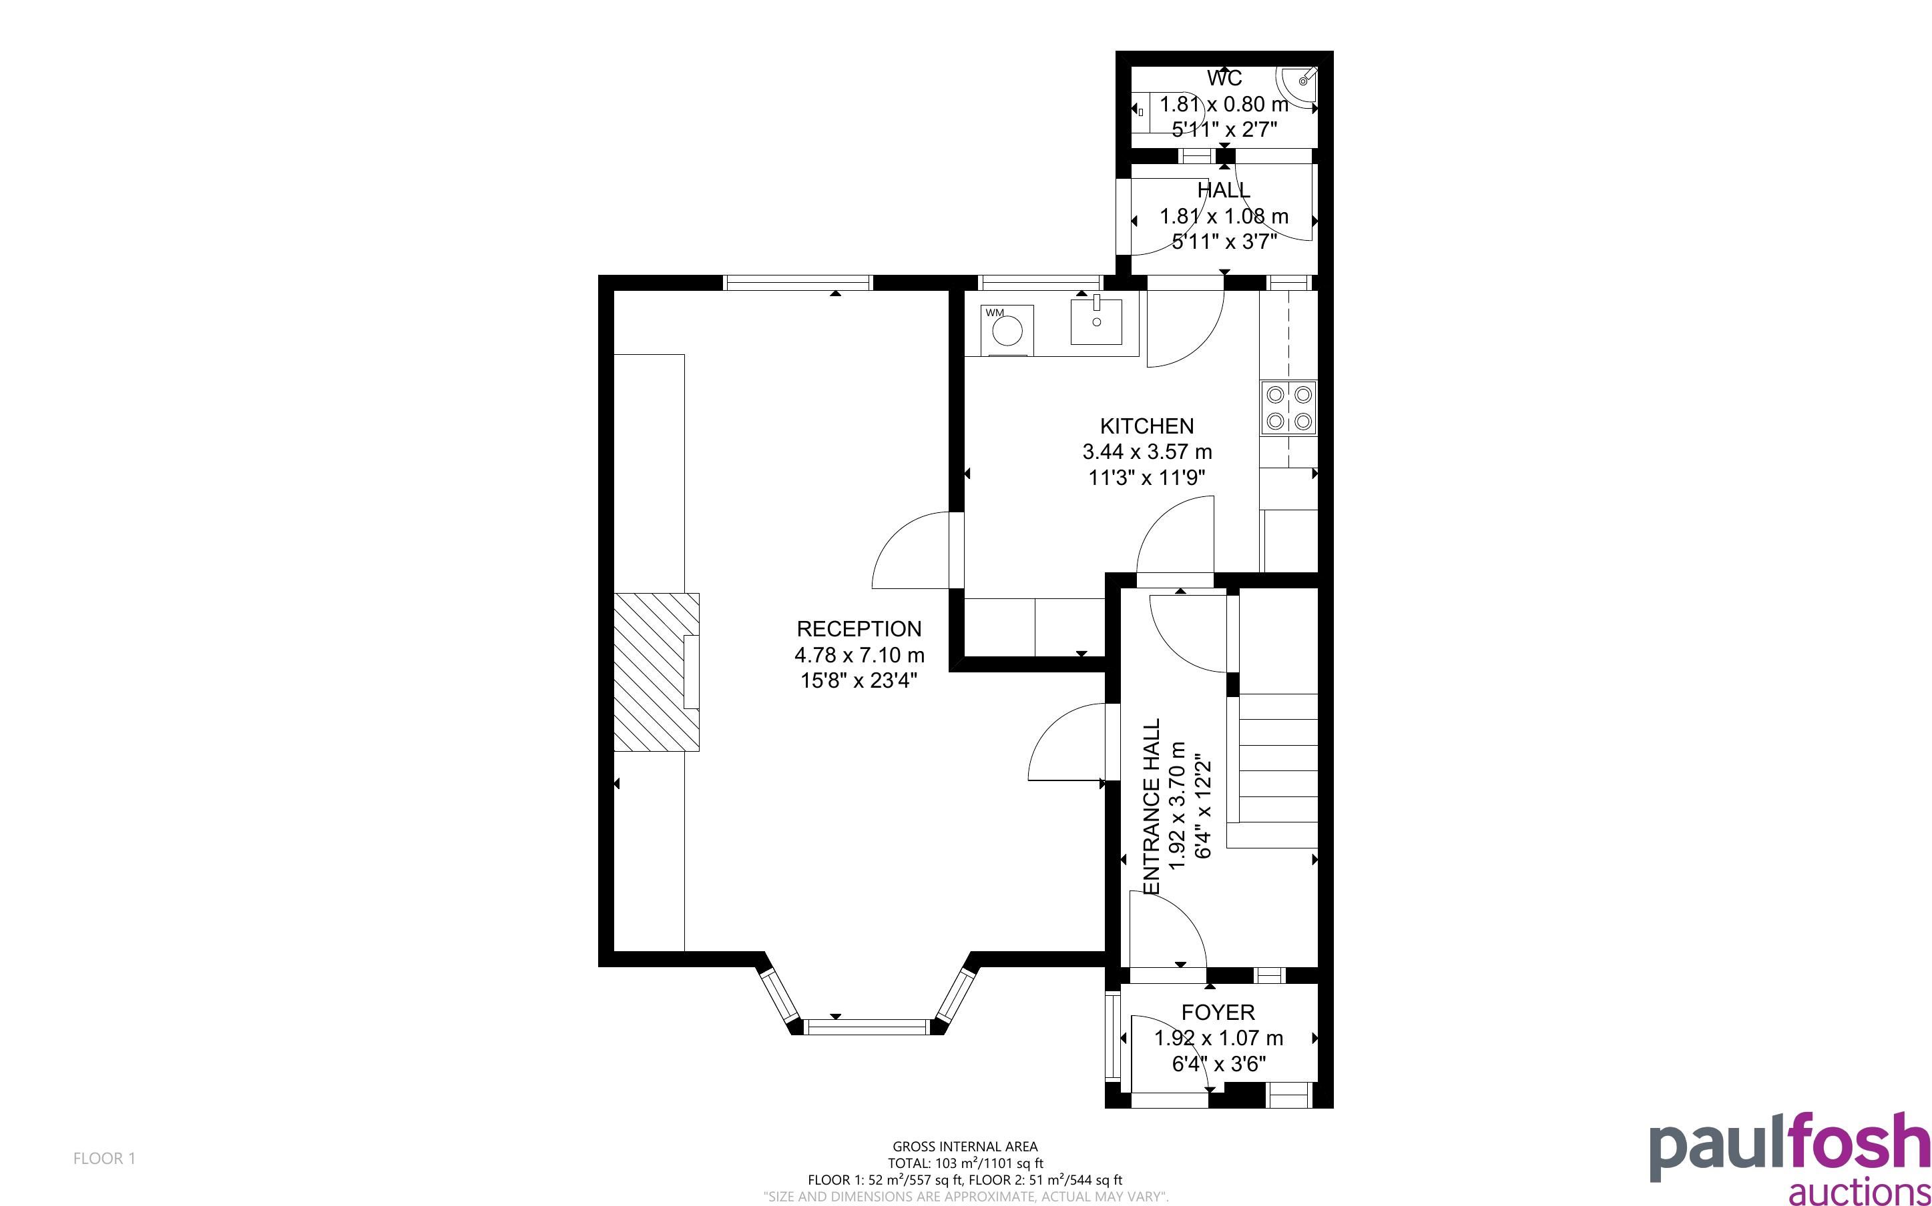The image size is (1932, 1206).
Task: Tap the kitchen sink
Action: click(x=1096, y=321)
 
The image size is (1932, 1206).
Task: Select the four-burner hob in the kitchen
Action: click(x=1288, y=408)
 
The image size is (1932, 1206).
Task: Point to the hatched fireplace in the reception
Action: click(x=656, y=672)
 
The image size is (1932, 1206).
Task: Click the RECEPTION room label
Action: click(x=859, y=628)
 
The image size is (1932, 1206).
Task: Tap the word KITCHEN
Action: click(x=1147, y=426)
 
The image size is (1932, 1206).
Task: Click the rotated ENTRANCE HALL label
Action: click(x=1152, y=806)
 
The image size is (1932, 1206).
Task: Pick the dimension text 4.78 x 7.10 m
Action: click(x=859, y=655)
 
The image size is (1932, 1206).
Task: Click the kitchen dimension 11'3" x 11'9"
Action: click(x=1147, y=478)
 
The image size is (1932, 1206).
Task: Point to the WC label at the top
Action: click(x=1224, y=78)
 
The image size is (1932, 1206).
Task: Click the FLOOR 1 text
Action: click(x=105, y=1158)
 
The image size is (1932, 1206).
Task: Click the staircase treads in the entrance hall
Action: click(x=1277, y=758)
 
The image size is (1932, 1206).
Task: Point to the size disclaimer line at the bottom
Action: click(x=965, y=1197)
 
